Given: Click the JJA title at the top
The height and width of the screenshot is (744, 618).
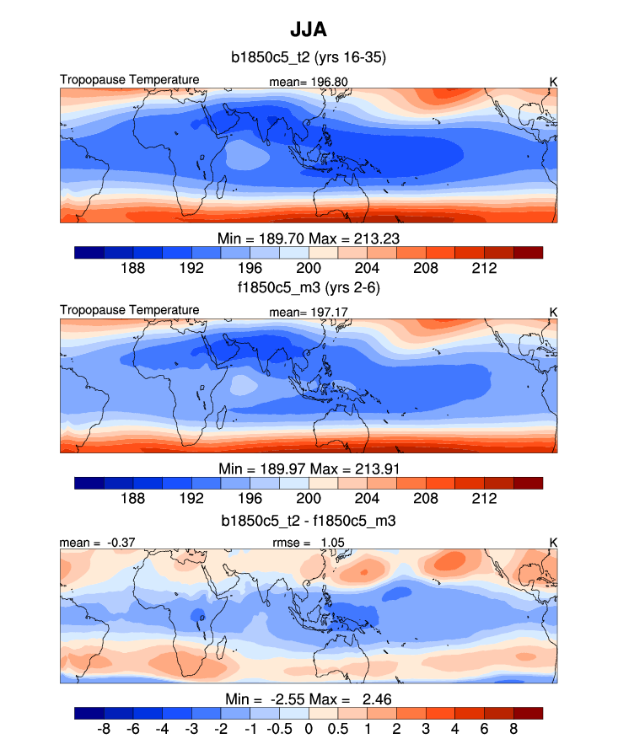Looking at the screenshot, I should pyautogui.click(x=309, y=31).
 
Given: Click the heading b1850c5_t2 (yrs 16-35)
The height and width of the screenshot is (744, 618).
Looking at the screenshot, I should pyautogui.click(x=309, y=58).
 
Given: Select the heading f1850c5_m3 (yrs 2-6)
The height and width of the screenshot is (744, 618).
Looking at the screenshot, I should pyautogui.click(x=309, y=288).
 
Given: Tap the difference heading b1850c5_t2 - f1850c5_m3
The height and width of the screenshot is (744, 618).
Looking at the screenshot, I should pyautogui.click(x=309, y=522).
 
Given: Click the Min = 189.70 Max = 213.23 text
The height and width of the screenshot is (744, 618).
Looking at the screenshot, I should pyautogui.click(x=309, y=238).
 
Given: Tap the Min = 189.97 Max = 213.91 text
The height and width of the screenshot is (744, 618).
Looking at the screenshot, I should pyautogui.click(x=309, y=468).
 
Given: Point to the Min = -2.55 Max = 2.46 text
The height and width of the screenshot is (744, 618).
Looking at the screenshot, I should pyautogui.click(x=309, y=699).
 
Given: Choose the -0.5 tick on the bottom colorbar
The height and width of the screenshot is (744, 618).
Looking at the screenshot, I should pyautogui.click(x=279, y=728).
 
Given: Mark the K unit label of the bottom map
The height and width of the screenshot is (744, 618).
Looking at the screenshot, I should pyautogui.click(x=553, y=543).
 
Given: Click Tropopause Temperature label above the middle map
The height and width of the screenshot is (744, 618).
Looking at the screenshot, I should pyautogui.click(x=130, y=310).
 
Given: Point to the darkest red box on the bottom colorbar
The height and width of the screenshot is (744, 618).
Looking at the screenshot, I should pyautogui.click(x=528, y=713).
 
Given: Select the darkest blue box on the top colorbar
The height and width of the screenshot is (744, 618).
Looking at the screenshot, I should pyautogui.click(x=89, y=252).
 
